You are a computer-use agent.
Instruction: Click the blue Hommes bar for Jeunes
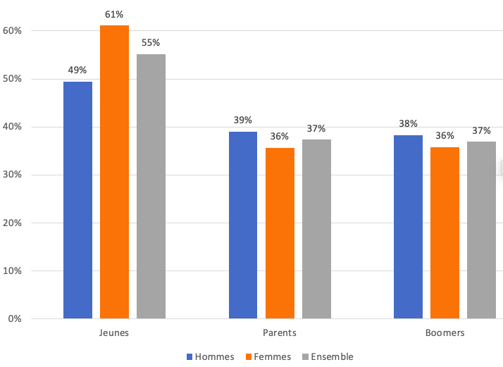[77, 200]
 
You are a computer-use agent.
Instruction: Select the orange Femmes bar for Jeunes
[114, 172]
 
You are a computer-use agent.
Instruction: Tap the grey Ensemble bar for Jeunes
[151, 186]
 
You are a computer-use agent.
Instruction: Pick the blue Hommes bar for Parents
[243, 225]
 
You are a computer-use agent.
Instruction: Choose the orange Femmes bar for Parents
[280, 232]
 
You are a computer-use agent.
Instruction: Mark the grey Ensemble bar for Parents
[316, 229]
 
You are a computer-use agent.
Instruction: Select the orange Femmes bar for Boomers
[445, 232]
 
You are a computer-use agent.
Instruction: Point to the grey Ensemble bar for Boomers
[481, 230]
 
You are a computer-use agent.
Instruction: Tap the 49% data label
[77, 70]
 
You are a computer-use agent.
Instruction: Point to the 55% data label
[151, 42]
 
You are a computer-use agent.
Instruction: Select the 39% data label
[243, 120]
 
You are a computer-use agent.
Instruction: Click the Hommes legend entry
[211, 357]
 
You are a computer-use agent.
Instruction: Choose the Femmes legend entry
[267, 357]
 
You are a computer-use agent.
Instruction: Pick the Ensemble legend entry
[327, 357]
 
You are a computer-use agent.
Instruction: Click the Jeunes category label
[114, 332]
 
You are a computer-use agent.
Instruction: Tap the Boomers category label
[445, 332]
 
